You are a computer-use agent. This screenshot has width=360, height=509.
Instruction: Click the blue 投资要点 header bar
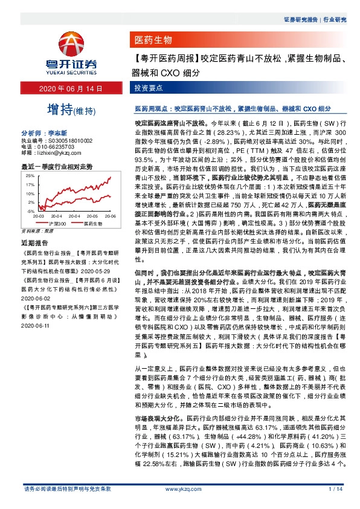point(149,89)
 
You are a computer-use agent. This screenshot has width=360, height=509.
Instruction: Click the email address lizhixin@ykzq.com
point(58,152)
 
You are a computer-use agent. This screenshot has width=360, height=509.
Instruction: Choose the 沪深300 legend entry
point(56,224)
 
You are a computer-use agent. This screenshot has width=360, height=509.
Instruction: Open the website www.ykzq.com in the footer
point(179,488)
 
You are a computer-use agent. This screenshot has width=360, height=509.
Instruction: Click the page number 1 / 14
point(334,488)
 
